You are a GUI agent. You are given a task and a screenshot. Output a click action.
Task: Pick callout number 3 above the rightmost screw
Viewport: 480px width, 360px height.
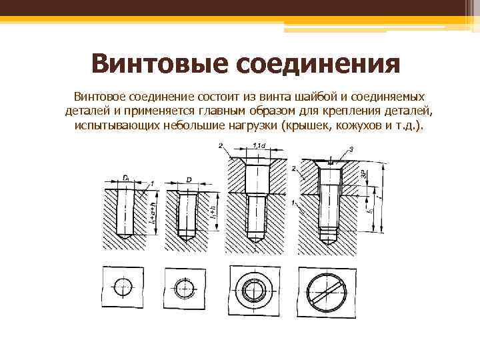pos(351,148)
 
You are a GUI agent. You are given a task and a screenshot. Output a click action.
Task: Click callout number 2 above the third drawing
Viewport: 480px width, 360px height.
pos(220,145)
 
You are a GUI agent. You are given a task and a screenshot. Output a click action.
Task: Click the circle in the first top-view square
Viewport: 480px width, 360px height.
pos(123,288)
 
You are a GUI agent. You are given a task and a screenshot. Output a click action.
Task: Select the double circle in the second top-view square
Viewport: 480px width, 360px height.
pos(186,288)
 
